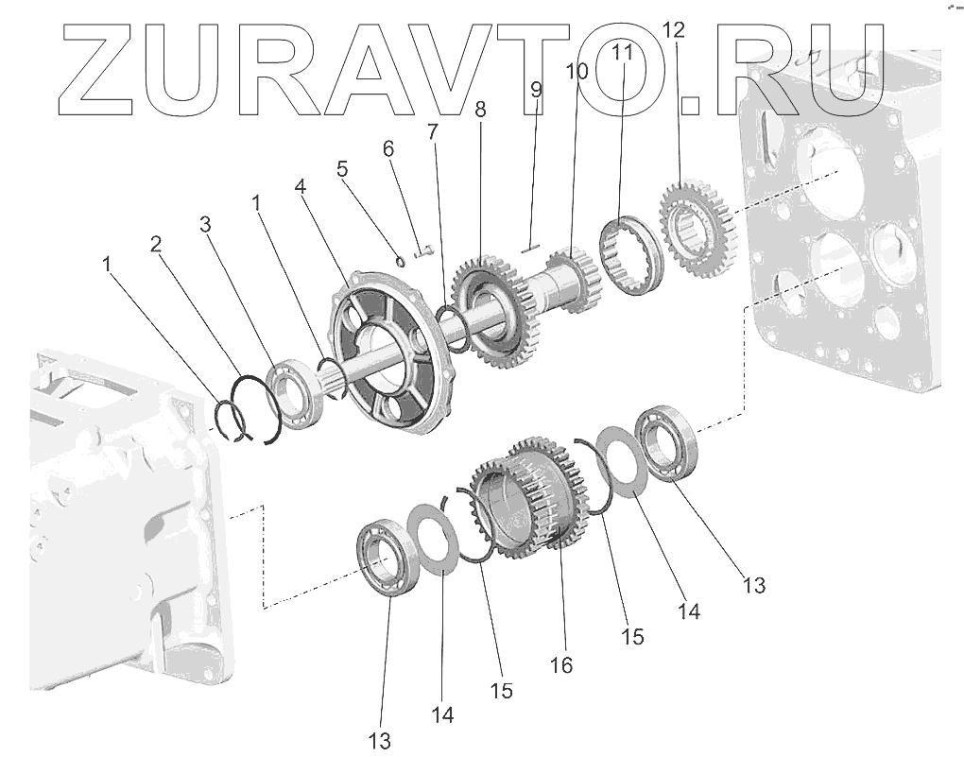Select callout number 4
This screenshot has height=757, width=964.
pos(300,186)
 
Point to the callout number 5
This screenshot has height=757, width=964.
pos(342,169)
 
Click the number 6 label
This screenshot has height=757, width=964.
pos(387,148)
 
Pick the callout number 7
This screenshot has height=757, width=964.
pos(432,131)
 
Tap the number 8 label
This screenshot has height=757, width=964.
pos(480,110)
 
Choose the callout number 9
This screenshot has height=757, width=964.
pos(536,90)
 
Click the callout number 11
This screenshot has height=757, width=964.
pos(621,52)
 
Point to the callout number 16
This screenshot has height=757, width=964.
pos(561,664)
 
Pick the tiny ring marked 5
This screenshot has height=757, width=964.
pos(400,260)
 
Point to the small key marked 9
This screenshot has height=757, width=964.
pos(530,249)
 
